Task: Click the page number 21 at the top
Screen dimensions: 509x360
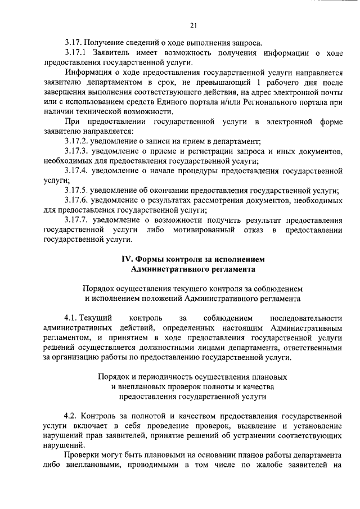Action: pyautogui.click(x=193, y=25)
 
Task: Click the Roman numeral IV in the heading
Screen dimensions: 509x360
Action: pyautogui.click(x=127, y=259)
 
